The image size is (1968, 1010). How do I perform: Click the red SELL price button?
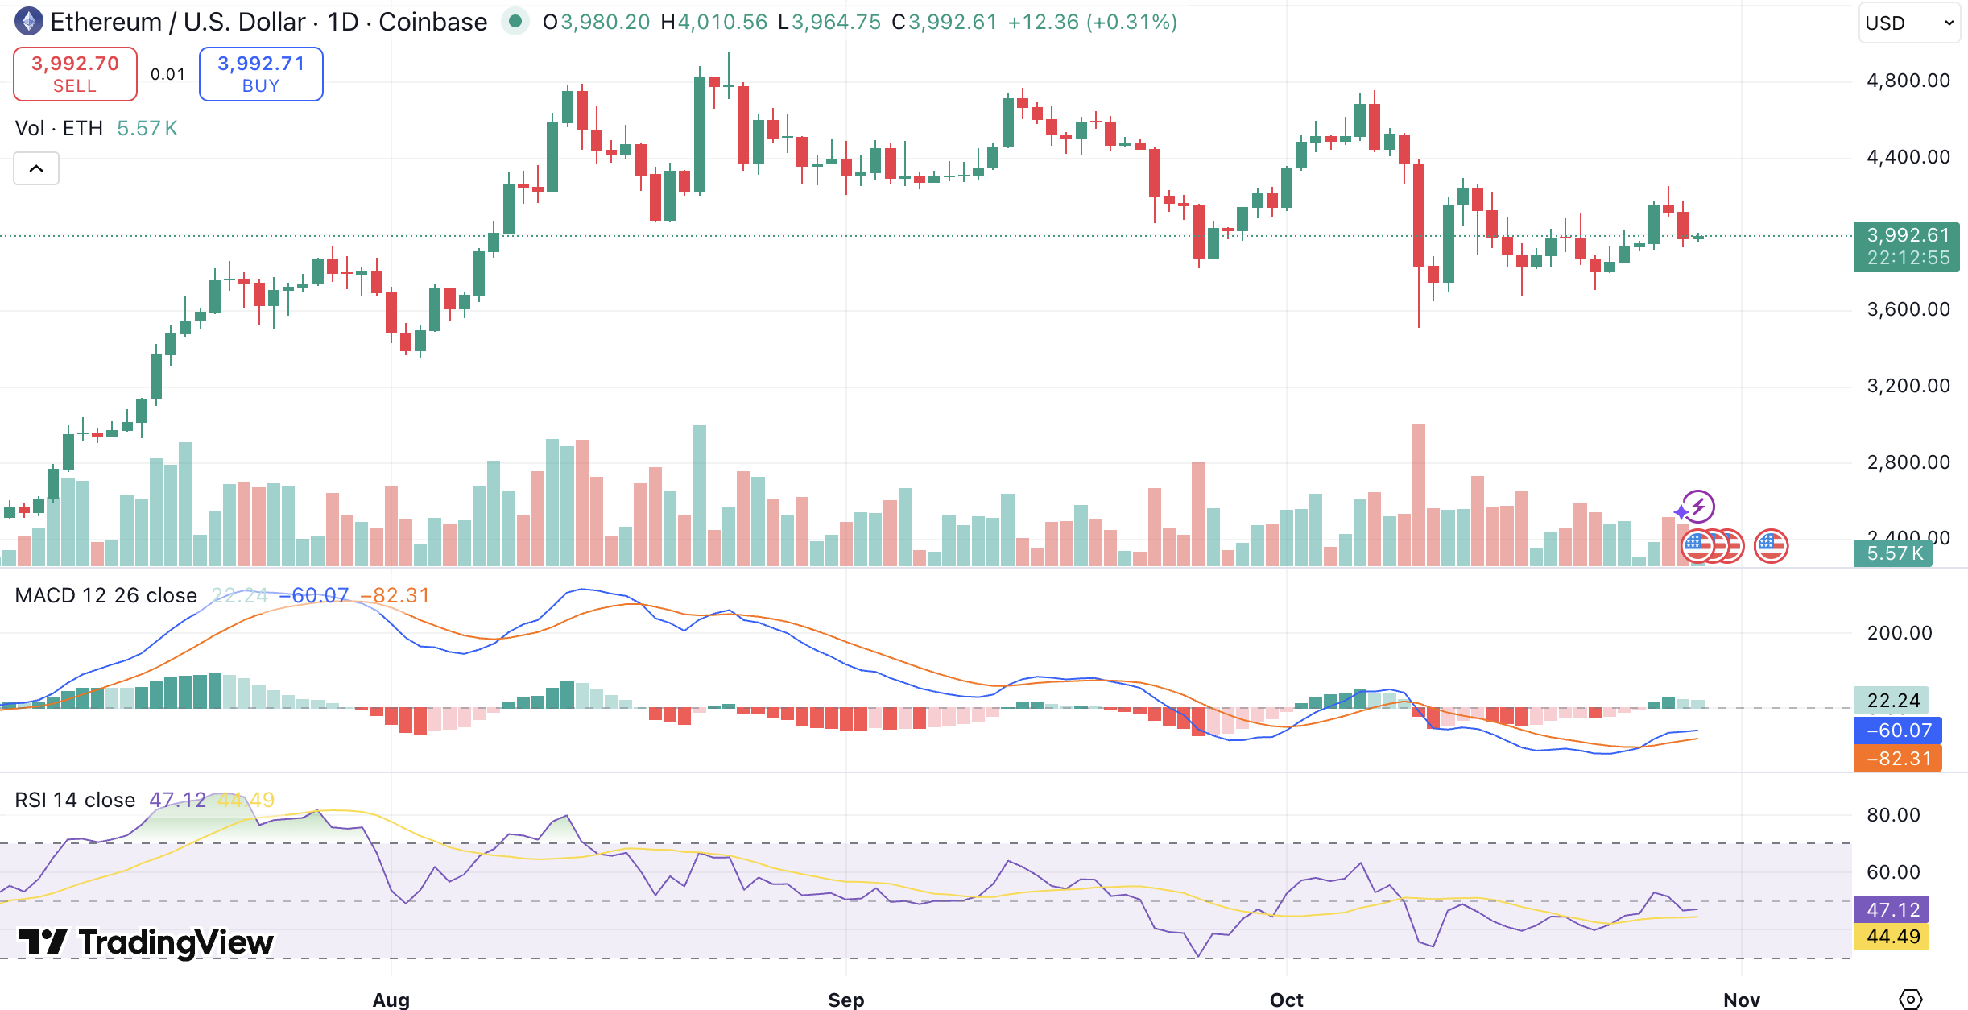tap(75, 73)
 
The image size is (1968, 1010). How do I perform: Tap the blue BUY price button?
tap(261, 73)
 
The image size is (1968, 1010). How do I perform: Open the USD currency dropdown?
tap(1908, 23)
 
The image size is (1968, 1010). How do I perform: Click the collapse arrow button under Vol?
tap(36, 168)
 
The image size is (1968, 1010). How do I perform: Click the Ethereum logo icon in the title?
tap(29, 22)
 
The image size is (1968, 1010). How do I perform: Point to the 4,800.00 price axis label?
tap(1908, 81)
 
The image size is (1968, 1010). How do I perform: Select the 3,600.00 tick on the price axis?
tap(1908, 309)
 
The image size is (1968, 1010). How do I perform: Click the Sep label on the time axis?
tap(845, 1000)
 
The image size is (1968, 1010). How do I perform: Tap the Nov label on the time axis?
tap(1741, 1000)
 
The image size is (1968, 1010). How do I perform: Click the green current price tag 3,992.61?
tap(1906, 246)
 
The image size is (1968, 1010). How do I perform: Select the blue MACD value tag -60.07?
tap(1897, 731)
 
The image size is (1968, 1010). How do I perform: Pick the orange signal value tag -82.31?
tap(1897, 758)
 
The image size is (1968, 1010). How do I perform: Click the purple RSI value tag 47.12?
tap(1892, 909)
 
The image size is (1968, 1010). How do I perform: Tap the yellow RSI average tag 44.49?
tap(1892, 936)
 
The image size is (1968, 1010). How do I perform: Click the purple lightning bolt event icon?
tap(1698, 507)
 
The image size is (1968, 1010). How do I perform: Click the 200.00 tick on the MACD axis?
tap(1899, 633)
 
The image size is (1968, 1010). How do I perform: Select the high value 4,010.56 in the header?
tap(721, 22)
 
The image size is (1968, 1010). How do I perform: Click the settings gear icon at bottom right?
tap(1910, 999)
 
